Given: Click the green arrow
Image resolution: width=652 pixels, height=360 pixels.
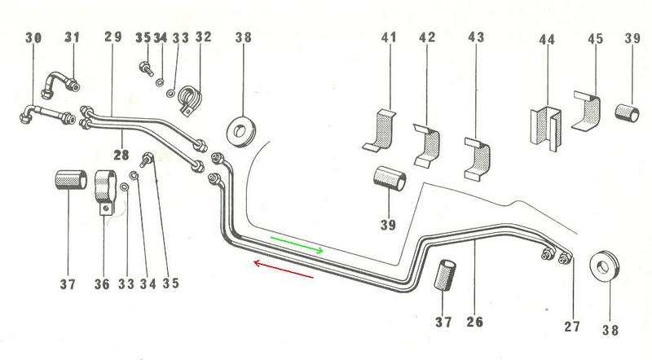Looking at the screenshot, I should click(x=297, y=244).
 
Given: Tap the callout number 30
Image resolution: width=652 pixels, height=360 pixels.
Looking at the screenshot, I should click(x=33, y=37).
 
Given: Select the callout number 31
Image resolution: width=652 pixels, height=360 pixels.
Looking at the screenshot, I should click(x=73, y=37).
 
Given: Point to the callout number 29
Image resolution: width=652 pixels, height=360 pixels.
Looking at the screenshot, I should click(x=113, y=37).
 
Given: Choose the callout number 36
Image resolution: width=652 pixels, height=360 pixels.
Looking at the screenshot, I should click(x=102, y=284).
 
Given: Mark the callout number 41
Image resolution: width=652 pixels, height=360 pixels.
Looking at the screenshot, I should click(x=388, y=37).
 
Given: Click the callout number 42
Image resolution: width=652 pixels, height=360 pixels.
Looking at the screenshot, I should click(x=428, y=37).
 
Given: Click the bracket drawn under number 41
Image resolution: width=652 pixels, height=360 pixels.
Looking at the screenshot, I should click(x=380, y=133).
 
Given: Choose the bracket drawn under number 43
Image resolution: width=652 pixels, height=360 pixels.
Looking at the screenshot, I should click(x=476, y=159).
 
